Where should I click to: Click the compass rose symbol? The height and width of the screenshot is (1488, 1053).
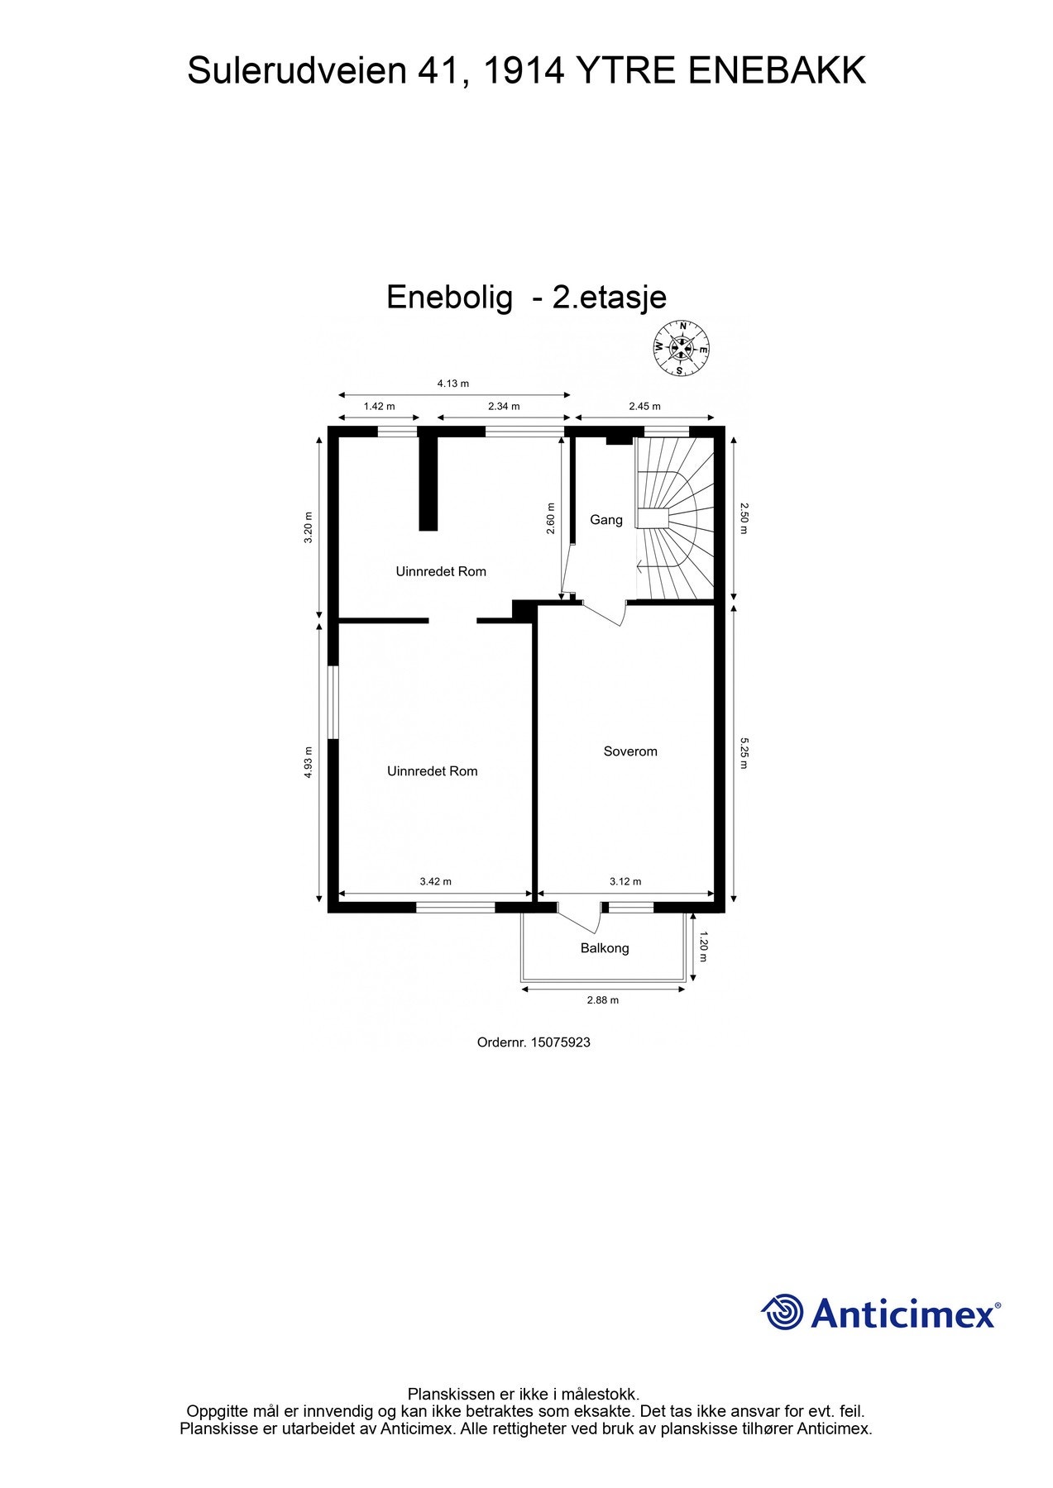[x=681, y=348]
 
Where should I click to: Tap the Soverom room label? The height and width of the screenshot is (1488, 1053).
[x=630, y=751]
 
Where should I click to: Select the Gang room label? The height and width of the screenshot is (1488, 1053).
[x=605, y=520]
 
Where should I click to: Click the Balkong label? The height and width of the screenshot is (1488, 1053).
[x=605, y=948]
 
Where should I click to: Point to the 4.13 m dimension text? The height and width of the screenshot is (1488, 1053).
[x=452, y=383]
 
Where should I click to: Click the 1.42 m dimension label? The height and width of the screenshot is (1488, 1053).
[x=380, y=406]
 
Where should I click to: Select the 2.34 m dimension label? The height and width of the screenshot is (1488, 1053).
[x=504, y=406]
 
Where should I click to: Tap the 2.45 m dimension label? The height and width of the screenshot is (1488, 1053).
[x=644, y=406]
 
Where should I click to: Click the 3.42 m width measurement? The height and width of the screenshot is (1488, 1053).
[x=436, y=881]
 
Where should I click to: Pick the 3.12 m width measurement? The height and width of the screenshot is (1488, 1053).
[x=625, y=881]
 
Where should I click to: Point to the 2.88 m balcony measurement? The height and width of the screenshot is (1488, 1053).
[x=603, y=999]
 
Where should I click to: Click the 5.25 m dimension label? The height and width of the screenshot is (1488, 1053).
[x=744, y=753]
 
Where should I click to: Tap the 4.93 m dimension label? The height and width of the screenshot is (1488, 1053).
[x=309, y=761]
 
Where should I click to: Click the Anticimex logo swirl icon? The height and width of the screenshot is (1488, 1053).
[x=783, y=1312]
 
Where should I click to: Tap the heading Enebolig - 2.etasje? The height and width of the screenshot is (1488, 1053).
[x=526, y=297]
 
